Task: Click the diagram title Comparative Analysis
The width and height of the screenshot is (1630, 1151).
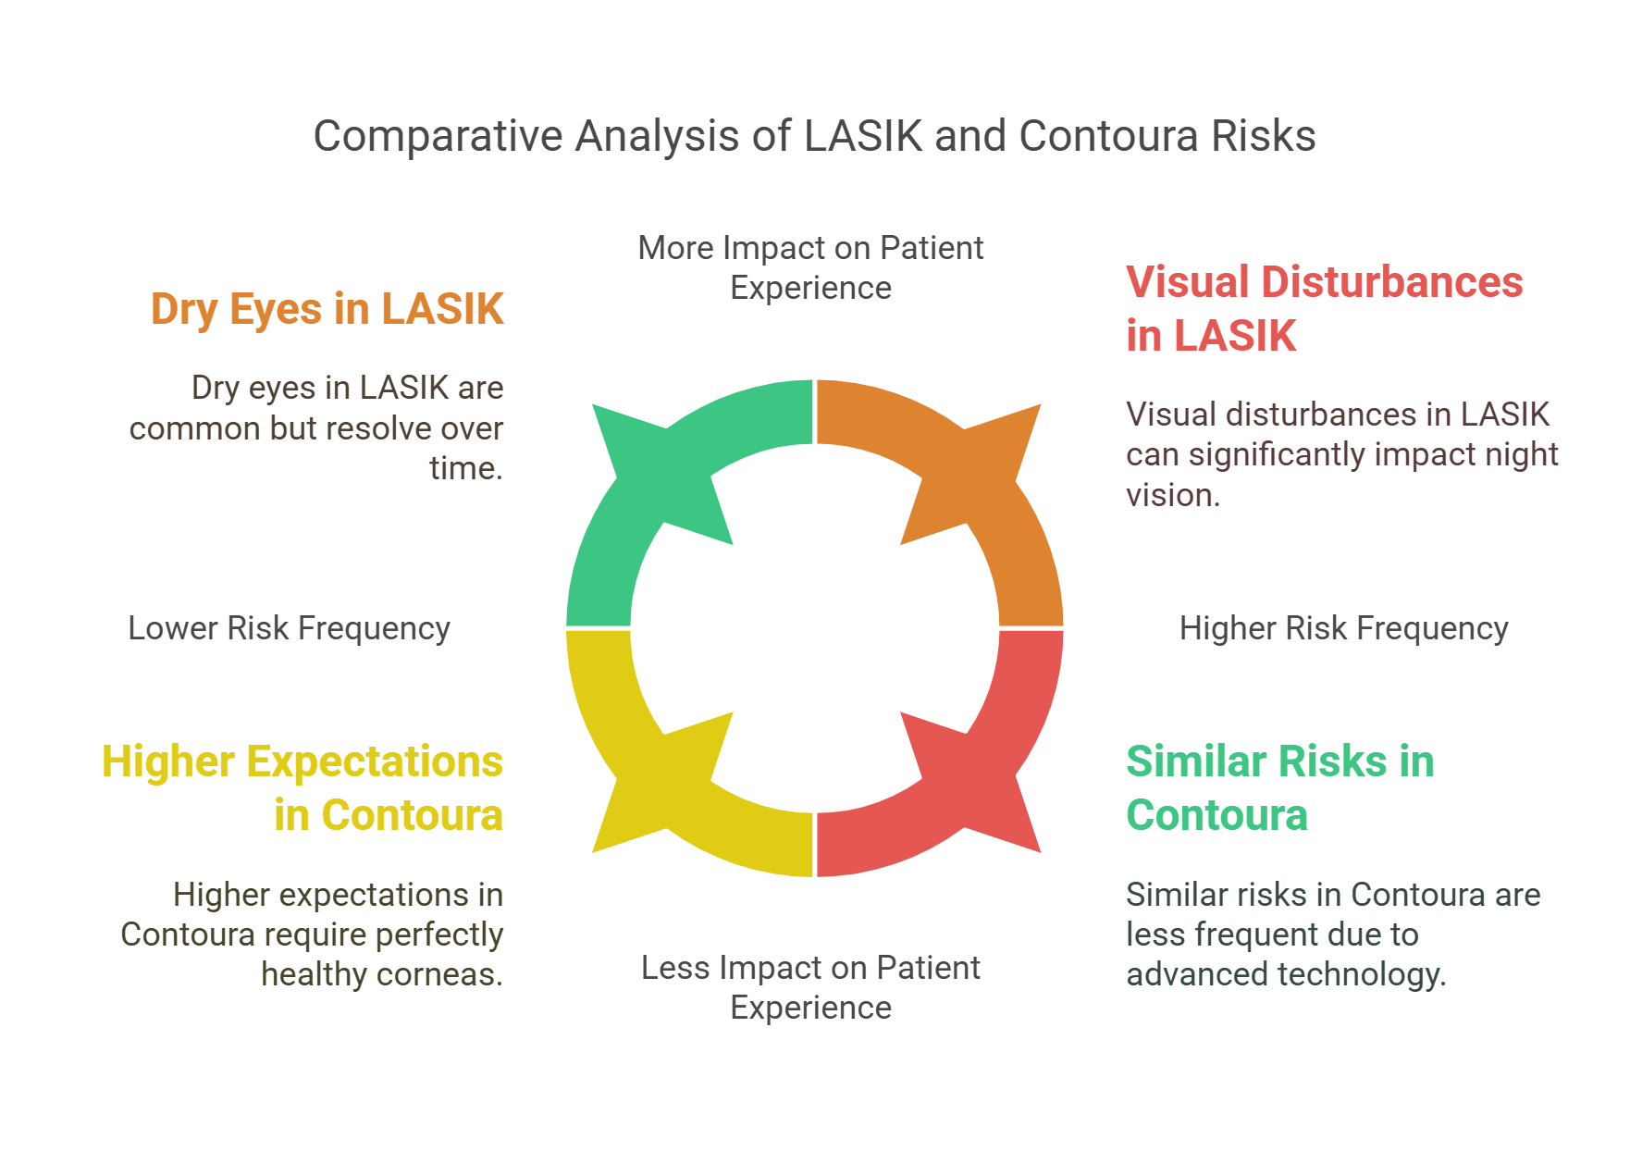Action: click(814, 136)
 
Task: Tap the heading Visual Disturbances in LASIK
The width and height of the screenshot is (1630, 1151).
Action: click(1323, 309)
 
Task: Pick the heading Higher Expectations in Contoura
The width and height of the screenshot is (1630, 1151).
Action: click(303, 788)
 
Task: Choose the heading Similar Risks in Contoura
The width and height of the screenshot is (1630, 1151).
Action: click(1279, 788)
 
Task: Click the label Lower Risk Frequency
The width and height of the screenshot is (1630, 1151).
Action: click(289, 628)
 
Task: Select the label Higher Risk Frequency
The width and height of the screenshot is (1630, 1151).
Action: click(1343, 628)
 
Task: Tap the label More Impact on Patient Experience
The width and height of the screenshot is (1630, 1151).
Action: click(810, 267)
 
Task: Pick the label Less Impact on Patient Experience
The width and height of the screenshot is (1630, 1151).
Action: click(810, 987)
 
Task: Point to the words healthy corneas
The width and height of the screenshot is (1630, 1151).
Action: click(381, 974)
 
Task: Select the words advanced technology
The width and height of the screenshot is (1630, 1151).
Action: click(1285, 974)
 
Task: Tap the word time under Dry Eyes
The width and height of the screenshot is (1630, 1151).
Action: click(465, 468)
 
